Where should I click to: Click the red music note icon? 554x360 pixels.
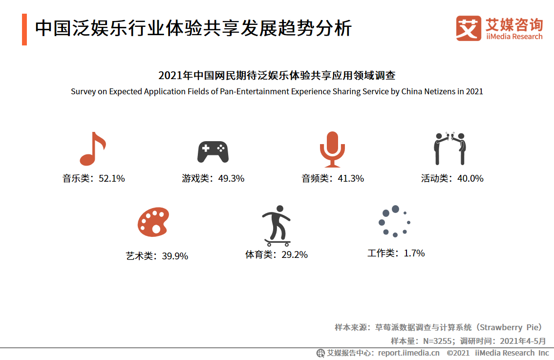pos(92,149)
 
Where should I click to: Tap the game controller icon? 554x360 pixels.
pos(213,152)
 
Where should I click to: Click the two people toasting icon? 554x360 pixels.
pos(450,148)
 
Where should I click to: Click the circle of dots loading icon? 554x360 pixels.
pos(394,221)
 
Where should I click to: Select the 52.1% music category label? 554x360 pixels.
pos(93,179)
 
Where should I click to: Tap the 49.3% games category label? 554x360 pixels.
pos(213,179)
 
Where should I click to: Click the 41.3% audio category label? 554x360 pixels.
pos(333,179)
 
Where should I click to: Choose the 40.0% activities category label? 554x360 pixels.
pos(452,179)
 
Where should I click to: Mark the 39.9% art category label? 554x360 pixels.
pos(157,256)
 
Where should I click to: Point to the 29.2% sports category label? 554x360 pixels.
pos(277,254)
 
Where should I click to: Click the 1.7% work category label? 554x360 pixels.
pos(396,254)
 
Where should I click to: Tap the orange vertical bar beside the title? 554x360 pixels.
pos(24,30)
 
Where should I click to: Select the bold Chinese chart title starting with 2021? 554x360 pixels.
pos(277,76)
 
